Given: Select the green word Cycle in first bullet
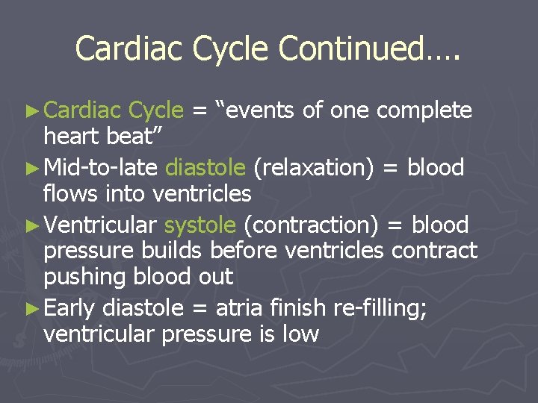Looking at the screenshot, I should pyautogui.click(x=155, y=111).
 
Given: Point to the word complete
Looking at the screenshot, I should pyautogui.click(x=424, y=111).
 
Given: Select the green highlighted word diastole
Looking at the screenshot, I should pyautogui.click(x=205, y=168).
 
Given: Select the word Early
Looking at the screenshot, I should pyautogui.click(x=70, y=308).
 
